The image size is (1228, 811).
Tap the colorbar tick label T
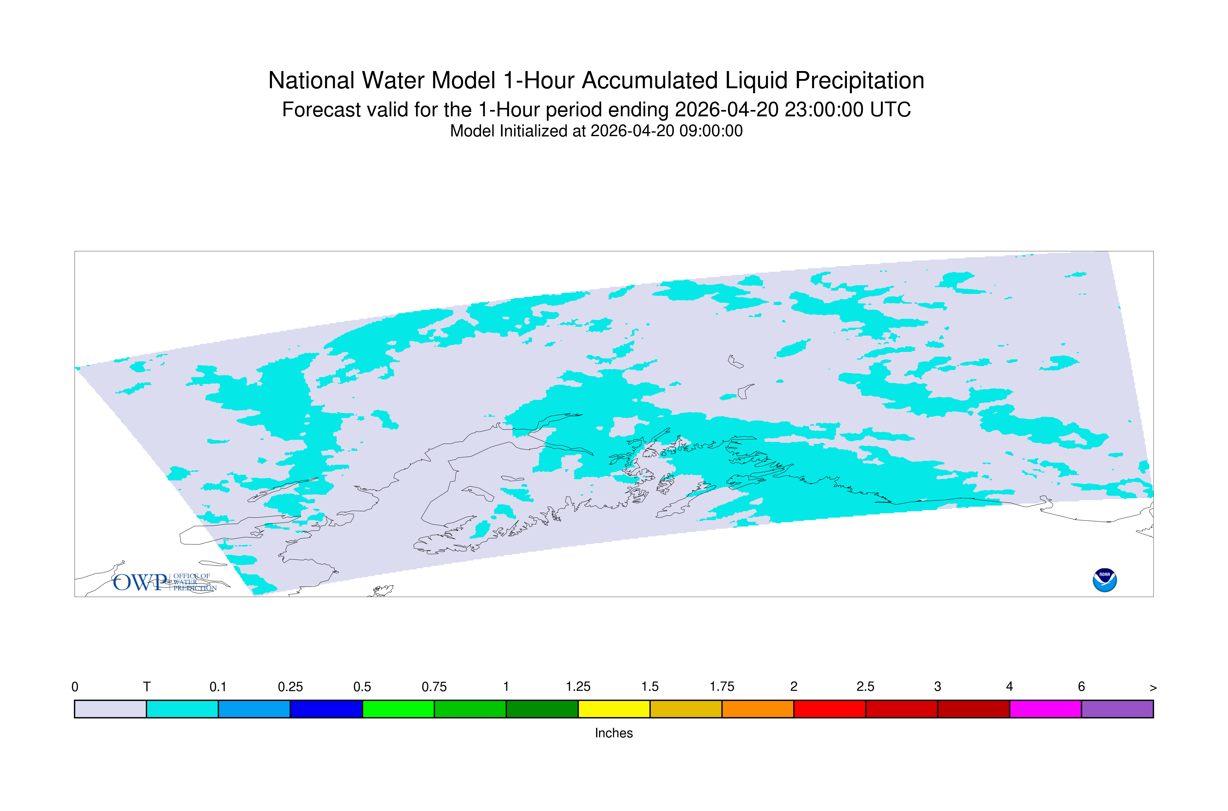147,687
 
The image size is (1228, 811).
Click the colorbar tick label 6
1081,687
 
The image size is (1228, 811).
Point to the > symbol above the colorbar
1153,688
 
